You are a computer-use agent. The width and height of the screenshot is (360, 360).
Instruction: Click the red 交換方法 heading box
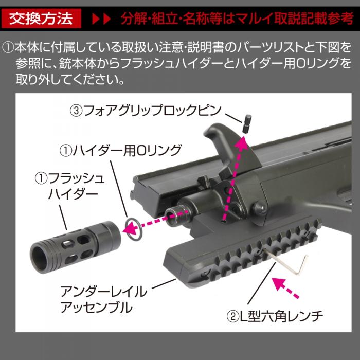[42, 20]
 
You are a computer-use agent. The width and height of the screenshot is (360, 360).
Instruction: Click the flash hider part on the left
[76, 242]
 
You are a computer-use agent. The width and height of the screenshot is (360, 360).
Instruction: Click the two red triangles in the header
[101, 21]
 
